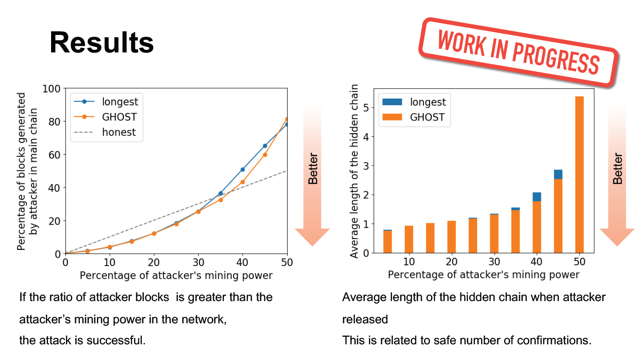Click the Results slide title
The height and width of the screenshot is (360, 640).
click(x=102, y=43)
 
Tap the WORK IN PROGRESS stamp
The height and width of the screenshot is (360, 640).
click(x=518, y=52)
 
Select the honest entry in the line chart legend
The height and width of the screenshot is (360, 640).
click(x=105, y=132)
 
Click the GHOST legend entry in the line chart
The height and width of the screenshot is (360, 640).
click(x=105, y=117)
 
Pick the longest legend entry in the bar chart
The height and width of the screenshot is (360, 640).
click(x=414, y=102)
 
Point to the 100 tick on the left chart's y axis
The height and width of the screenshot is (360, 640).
click(x=52, y=89)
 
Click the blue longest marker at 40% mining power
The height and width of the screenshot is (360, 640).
click(x=243, y=170)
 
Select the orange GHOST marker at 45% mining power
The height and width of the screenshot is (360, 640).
click(x=265, y=155)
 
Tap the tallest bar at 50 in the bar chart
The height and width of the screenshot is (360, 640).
click(x=579, y=174)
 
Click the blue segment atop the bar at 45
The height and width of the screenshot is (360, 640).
click(x=558, y=174)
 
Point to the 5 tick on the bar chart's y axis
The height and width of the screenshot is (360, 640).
click(x=366, y=108)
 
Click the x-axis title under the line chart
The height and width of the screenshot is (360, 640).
click(x=176, y=275)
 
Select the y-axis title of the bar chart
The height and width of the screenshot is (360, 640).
click(x=354, y=171)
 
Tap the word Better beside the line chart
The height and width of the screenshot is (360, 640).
click(x=313, y=169)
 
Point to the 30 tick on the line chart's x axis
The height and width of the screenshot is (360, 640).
click(x=198, y=262)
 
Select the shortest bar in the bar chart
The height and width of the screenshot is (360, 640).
click(x=387, y=241)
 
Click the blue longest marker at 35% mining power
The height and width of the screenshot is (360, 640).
click(x=220, y=193)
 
